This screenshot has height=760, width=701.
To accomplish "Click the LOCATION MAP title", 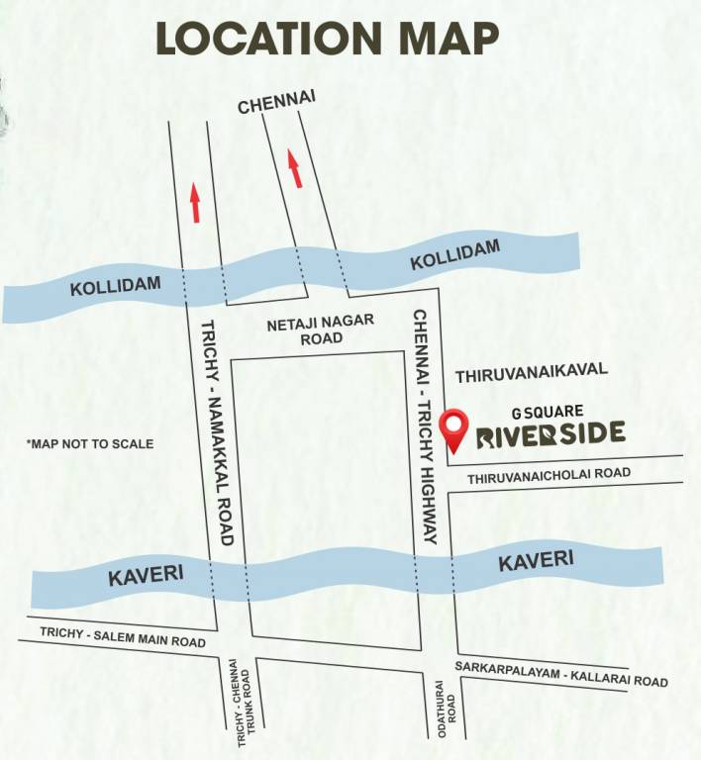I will pos(327,39).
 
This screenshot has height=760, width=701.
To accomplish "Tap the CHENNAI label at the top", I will pos(270,105).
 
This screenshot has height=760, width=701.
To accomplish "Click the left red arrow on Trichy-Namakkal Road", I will pos(196,201).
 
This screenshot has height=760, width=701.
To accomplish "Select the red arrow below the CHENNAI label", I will pos(294,168).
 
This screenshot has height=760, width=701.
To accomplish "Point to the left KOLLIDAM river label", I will pos(115,286).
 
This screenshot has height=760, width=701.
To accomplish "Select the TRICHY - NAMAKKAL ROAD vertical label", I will pos(219,432).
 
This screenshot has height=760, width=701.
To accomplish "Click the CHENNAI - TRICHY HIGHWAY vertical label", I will pos(426,426).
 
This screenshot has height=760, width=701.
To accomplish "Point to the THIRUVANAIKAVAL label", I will pos(531,376).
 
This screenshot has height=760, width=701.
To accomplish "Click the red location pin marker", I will pos(454,428).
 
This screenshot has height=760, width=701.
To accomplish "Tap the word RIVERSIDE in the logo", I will pos(551,433).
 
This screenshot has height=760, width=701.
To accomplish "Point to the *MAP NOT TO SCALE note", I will pos(90,444).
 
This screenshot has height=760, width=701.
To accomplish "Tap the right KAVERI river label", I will pos(536,561).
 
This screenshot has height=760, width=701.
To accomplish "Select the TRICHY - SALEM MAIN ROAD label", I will pos(123,636).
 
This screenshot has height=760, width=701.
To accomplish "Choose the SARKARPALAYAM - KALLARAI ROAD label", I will pos(561,674).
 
